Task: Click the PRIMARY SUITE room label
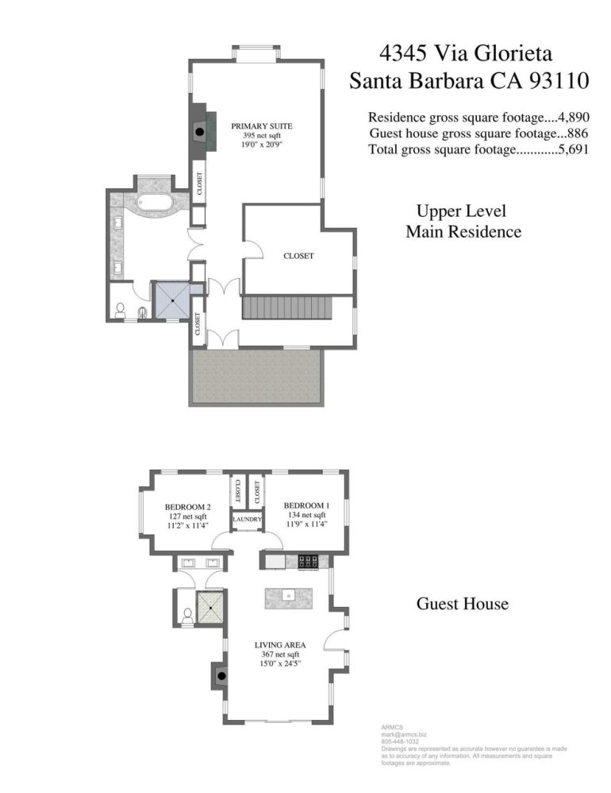point(262,126)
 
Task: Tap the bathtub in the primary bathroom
point(148,203)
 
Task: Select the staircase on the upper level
point(287,308)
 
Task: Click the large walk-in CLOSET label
point(298,256)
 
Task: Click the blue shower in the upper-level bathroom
point(172,300)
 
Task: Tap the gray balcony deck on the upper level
point(256,377)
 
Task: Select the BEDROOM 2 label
point(188,507)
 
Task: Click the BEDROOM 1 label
point(306,505)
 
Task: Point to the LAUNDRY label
point(247,519)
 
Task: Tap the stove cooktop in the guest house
point(308,561)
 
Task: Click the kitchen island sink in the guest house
point(289,596)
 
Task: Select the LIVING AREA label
point(280,645)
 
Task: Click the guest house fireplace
point(220,675)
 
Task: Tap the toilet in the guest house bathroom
point(187,617)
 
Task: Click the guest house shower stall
point(210,608)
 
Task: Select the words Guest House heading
point(463,603)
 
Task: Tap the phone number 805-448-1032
point(400,741)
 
